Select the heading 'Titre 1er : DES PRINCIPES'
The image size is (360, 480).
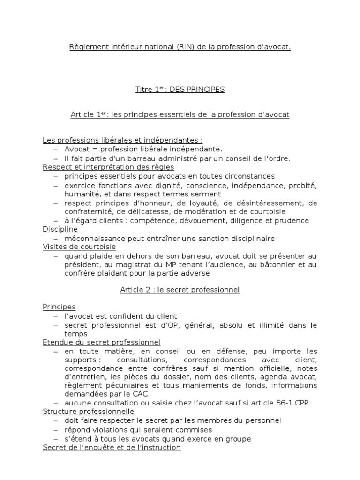[180, 90]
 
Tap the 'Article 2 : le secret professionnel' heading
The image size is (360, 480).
[180, 290]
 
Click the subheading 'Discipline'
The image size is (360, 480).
[60, 229]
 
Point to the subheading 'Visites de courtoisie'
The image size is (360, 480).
[79, 247]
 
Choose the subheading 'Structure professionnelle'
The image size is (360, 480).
[89, 412]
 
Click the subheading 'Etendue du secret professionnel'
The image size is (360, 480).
[102, 343]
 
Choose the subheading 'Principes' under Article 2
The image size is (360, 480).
[59, 307]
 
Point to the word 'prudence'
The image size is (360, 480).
[293, 220]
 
